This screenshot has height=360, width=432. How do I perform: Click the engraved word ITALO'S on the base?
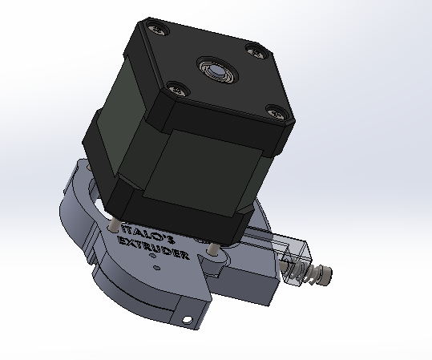(148, 234)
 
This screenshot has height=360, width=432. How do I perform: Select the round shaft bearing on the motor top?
(218, 70)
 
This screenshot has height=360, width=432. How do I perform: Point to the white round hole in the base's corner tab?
(188, 319)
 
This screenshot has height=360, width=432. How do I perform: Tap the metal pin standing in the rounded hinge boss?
(212, 249)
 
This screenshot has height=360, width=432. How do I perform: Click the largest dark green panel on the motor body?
(203, 173)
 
